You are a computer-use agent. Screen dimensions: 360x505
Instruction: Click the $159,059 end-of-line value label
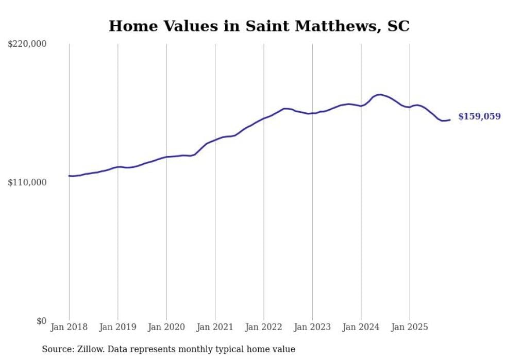pos(479,116)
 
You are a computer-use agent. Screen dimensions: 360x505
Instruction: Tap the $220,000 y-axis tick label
pos(27,44)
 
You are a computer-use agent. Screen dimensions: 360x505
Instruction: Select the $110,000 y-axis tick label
pos(27,182)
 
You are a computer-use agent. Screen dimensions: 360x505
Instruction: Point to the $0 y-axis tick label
pos(41,321)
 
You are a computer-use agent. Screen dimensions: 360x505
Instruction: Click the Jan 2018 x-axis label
pos(69,327)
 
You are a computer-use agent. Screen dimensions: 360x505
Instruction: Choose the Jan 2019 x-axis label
pos(117,327)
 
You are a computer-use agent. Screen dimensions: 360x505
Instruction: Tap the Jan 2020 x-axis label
pos(166,327)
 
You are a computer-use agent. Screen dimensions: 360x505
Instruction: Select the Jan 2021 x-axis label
pos(215,327)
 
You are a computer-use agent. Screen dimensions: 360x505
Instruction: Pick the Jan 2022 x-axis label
pos(264,327)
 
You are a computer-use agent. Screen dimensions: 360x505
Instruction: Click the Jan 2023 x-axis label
pos(312,327)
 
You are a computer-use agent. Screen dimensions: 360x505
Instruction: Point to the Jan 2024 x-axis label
pos(361,327)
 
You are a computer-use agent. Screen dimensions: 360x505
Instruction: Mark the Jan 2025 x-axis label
pos(410,327)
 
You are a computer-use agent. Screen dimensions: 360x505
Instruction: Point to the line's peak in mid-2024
pos(380,95)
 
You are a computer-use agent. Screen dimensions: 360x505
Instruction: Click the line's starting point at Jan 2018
pos(69,176)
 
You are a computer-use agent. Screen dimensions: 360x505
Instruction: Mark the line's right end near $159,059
pos(450,120)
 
